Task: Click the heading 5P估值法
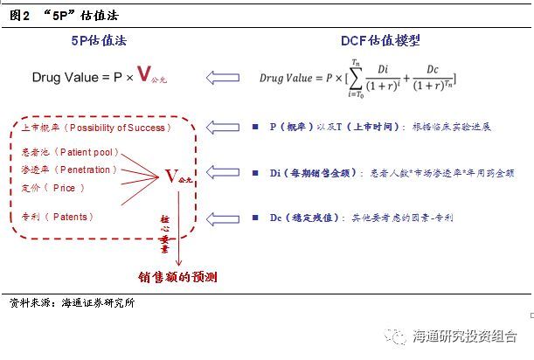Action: (99, 40)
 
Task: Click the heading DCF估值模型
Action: (380, 40)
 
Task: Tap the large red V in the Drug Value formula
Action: (144, 73)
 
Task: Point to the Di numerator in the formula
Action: (383, 69)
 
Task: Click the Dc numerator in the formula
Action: (432, 70)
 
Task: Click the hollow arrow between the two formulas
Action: (223, 78)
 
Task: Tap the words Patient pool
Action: (87, 152)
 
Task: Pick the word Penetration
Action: (85, 170)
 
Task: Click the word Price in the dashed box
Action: (64, 188)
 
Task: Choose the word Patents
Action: (70, 217)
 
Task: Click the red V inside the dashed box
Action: (171, 177)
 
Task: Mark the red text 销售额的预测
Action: (177, 277)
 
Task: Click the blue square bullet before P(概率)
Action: (255, 127)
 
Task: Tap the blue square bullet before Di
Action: (255, 173)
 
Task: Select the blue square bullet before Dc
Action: (255, 218)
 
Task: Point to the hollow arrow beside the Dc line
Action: (223, 218)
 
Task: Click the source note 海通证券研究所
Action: (98, 303)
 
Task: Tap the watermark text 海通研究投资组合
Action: (465, 336)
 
